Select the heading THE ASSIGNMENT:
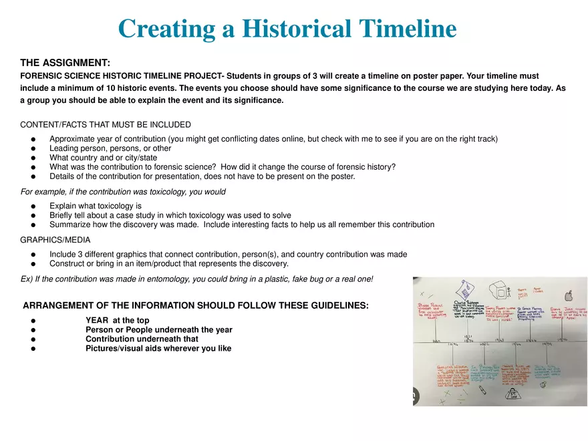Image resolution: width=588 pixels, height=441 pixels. (65, 63)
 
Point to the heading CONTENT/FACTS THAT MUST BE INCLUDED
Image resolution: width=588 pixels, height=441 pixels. (105, 125)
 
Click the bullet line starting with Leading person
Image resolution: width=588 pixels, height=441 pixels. (110, 148)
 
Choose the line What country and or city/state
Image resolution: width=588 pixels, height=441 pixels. (103, 158)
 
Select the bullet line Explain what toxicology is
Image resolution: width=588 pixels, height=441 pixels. (95, 206)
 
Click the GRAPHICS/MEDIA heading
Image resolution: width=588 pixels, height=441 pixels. (55, 239)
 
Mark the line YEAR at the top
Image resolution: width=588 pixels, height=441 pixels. (117, 320)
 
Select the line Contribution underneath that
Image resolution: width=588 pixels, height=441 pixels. (132, 339)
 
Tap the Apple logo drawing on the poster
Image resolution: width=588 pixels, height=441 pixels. (569, 295)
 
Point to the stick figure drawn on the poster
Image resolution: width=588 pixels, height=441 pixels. (509, 291)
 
